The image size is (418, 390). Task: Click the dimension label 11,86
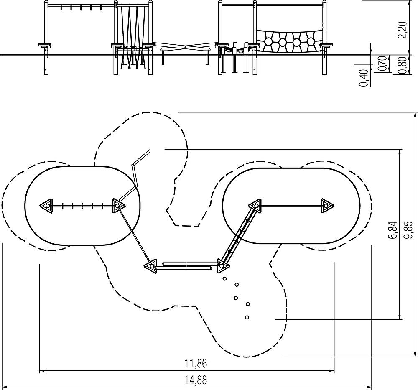[196, 363]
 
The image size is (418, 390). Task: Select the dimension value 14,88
[196, 380]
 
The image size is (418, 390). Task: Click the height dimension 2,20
[402, 30]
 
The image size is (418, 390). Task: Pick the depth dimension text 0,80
[402, 65]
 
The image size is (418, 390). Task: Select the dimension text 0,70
[382, 64]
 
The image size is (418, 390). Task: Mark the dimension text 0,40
[364, 78]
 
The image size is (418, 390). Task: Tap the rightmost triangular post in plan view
[326, 206]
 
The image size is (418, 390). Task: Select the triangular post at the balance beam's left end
[151, 266]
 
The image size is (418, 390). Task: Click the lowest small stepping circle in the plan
[247, 317]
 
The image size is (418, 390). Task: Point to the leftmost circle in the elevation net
[268, 42]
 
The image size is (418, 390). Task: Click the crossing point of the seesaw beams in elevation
[185, 47]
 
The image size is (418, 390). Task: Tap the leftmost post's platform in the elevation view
[45, 45]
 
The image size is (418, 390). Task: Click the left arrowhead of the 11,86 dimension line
[42, 370]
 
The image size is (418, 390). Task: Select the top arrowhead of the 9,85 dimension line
[415, 115]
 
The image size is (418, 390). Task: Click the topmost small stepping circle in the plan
[224, 279]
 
